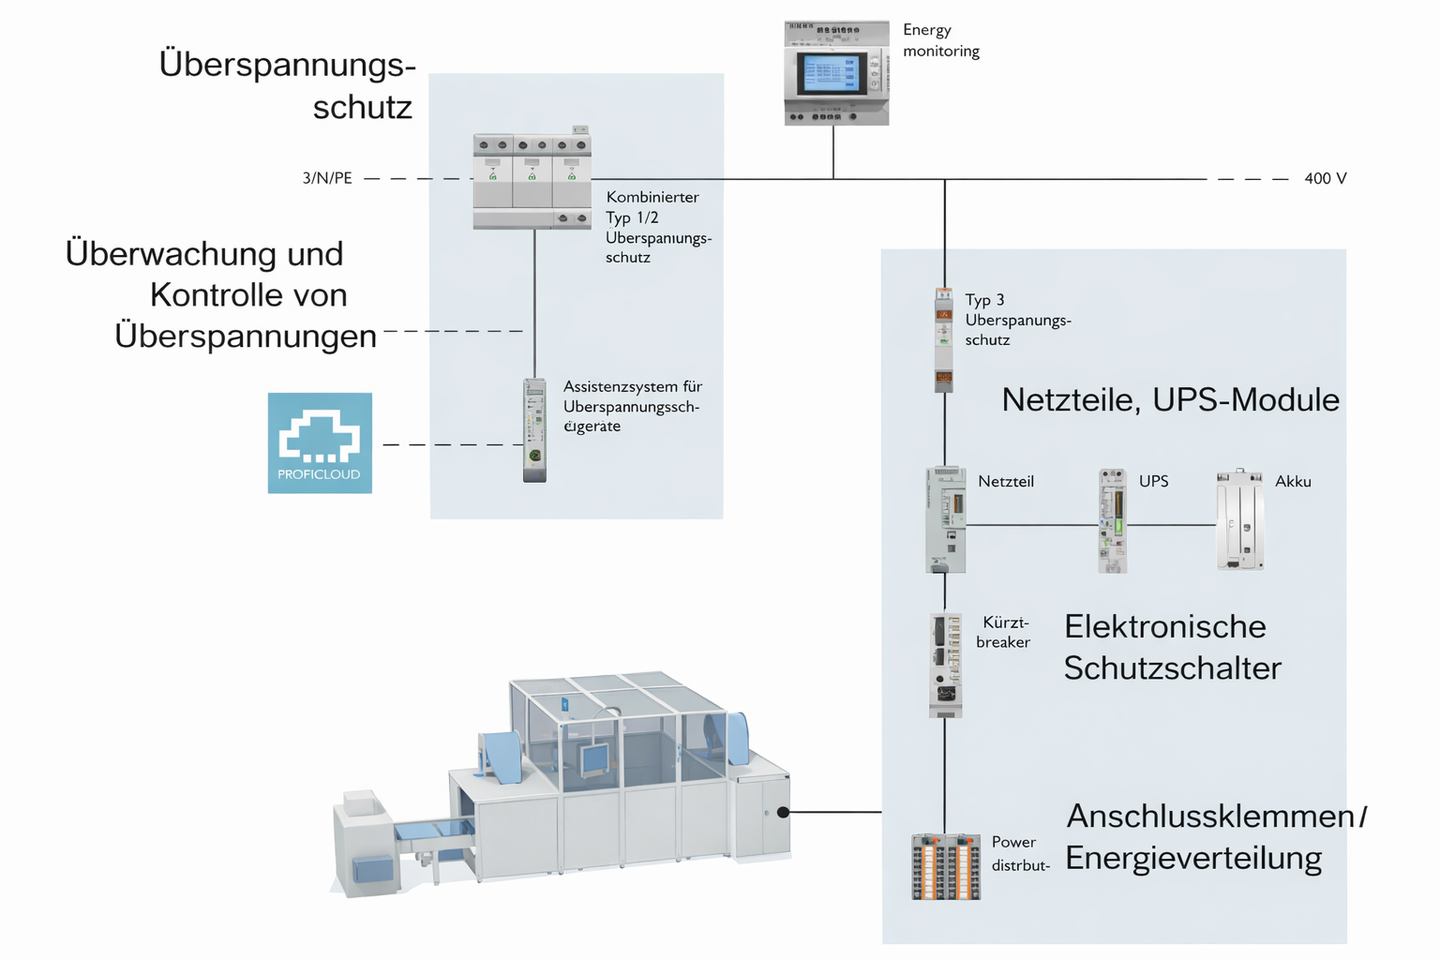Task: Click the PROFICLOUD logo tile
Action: click(320, 442)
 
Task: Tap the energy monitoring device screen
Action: click(831, 72)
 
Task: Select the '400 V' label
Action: click(1325, 178)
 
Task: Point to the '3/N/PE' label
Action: click(327, 178)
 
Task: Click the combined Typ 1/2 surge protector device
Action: click(532, 181)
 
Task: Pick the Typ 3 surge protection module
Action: click(944, 339)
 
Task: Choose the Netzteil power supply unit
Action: click(945, 520)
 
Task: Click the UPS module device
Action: click(1112, 520)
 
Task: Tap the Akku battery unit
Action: click(1240, 520)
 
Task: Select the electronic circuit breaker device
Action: click(946, 665)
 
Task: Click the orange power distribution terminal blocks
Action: click(946, 866)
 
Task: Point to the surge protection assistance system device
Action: click(534, 429)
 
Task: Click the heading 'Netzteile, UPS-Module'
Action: click(1170, 400)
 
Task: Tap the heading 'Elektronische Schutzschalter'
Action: click(1172, 647)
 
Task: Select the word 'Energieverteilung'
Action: click(1193, 858)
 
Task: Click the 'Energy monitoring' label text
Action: click(940, 40)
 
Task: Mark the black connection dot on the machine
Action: click(784, 812)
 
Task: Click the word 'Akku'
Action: click(1293, 482)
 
